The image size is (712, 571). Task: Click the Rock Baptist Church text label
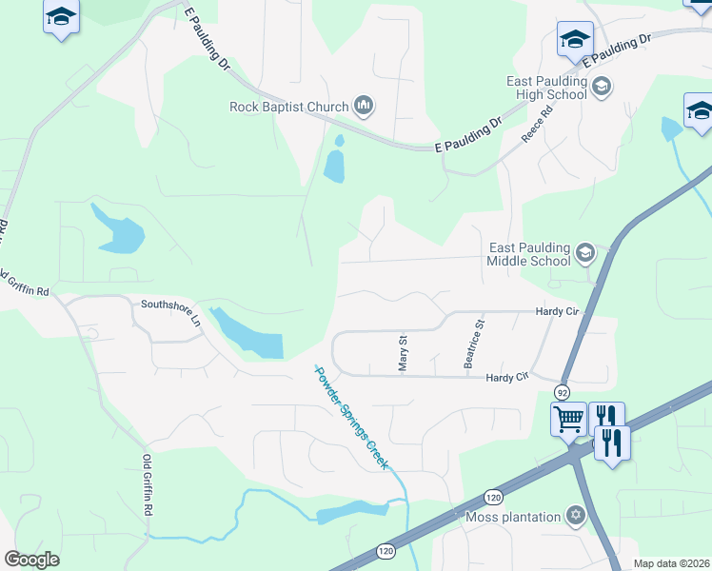coord(289,107)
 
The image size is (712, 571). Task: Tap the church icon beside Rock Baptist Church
coord(363,106)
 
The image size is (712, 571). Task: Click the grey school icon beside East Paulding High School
coord(601,89)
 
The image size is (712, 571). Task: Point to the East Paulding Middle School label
coord(528,253)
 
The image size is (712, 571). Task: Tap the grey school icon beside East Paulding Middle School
coord(584,253)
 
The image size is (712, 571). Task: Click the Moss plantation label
coord(513,517)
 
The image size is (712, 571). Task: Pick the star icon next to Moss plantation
coord(574,517)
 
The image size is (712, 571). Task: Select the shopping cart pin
coord(568,418)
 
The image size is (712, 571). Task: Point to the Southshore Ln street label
coord(172,313)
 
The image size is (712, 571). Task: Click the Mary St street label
coord(402,352)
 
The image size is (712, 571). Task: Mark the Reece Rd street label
coord(537,126)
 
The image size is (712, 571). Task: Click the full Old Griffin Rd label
coord(148,485)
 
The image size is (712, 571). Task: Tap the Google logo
coord(32,560)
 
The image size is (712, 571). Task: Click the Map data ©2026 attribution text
coord(671,563)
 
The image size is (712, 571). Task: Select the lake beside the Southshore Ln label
coord(249,334)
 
